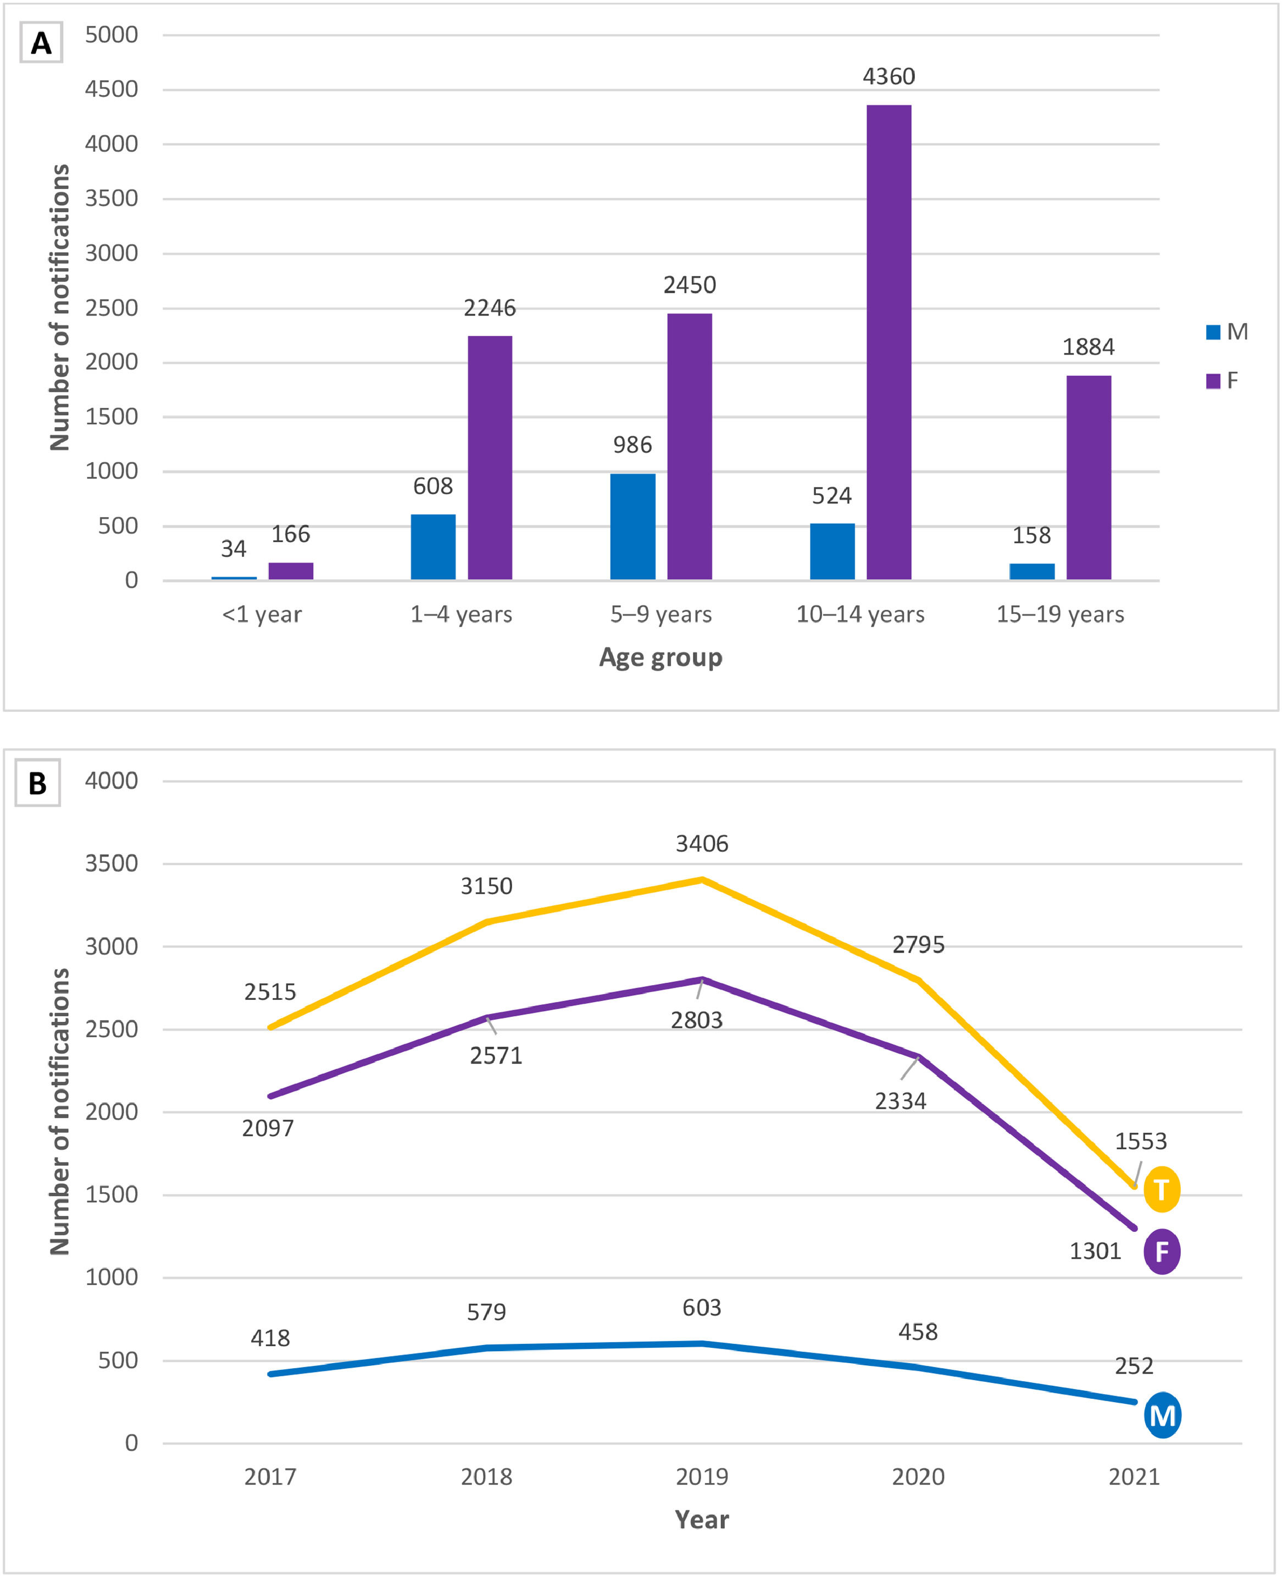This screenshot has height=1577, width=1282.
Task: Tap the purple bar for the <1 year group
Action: pyautogui.click(x=290, y=571)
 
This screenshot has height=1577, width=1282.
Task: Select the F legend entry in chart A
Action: pyautogui.click(x=1222, y=381)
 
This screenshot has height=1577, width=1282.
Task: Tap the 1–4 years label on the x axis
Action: pyautogui.click(x=461, y=615)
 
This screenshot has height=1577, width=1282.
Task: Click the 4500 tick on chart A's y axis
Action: pyautogui.click(x=112, y=90)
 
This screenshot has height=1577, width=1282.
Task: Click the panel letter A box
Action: pyautogui.click(x=41, y=42)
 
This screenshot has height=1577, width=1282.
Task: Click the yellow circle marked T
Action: pyautogui.click(x=1162, y=1189)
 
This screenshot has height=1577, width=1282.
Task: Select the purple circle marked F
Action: pyautogui.click(x=1162, y=1251)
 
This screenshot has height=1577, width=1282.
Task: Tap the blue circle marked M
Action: pyautogui.click(x=1162, y=1416)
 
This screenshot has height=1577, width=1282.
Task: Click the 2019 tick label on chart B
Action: pyautogui.click(x=702, y=1476)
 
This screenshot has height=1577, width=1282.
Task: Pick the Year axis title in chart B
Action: pyautogui.click(x=702, y=1519)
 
